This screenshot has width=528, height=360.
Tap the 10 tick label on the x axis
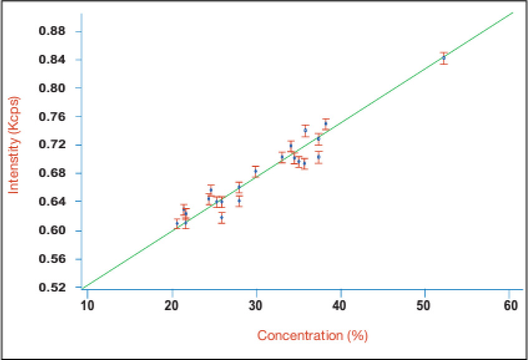87,305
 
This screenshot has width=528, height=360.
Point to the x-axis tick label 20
171,305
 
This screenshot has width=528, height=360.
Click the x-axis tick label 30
256,305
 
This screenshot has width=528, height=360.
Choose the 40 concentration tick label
340,305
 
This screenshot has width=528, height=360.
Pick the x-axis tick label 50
425,305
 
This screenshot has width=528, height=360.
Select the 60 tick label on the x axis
509,305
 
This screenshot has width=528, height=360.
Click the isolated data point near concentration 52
444,58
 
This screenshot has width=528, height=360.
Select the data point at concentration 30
256,171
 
